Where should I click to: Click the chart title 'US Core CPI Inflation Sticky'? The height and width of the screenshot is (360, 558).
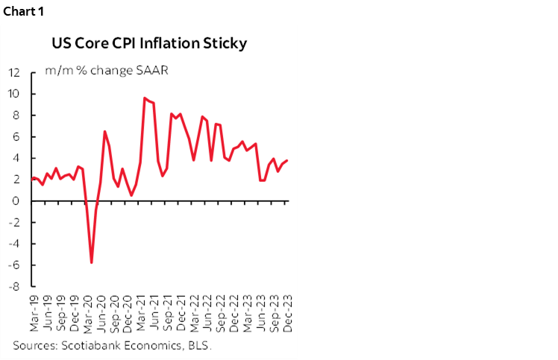point(148,43)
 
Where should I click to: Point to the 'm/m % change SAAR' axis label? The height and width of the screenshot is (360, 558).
point(105,72)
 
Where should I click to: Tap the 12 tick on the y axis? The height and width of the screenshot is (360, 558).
point(13,73)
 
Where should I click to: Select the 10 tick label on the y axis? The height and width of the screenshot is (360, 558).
point(13,94)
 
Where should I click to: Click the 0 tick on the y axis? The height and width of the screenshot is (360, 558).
point(17,201)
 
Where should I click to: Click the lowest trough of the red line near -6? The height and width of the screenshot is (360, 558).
point(92,262)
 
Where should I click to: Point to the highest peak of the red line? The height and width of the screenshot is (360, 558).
point(145,98)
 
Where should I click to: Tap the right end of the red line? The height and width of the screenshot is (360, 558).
point(288,160)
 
